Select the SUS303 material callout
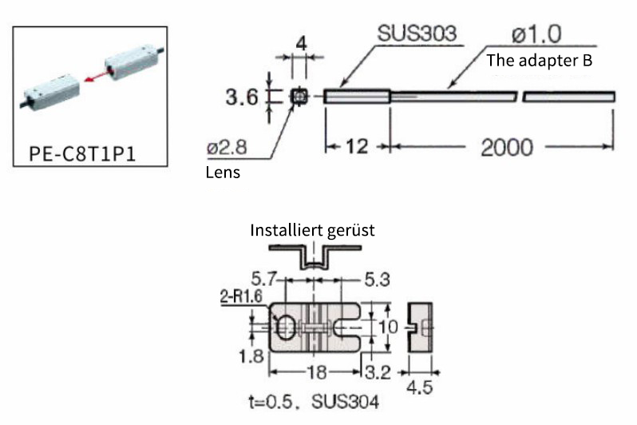[417, 34]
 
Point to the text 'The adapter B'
[539, 59]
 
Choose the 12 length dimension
[356, 147]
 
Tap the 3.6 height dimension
[242, 98]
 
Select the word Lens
[220, 171]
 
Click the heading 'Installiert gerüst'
[312, 230]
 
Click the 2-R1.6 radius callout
[239, 298]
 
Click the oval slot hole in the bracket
[283, 326]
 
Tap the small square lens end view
[299, 97]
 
